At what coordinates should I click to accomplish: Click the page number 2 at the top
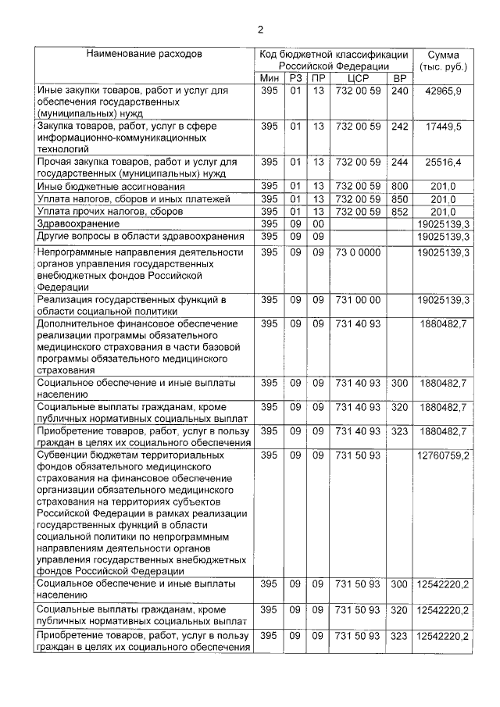261,30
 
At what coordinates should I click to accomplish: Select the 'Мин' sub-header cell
269,80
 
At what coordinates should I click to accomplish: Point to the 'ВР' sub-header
399,80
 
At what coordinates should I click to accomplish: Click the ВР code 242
399,126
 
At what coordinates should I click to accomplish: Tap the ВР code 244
399,162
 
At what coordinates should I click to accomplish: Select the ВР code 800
399,187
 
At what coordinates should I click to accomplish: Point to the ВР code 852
399,212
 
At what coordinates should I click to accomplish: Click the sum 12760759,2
444,455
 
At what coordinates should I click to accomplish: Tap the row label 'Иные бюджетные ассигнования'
111,187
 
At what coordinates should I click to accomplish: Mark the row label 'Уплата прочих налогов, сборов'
110,212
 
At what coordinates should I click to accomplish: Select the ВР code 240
399,91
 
